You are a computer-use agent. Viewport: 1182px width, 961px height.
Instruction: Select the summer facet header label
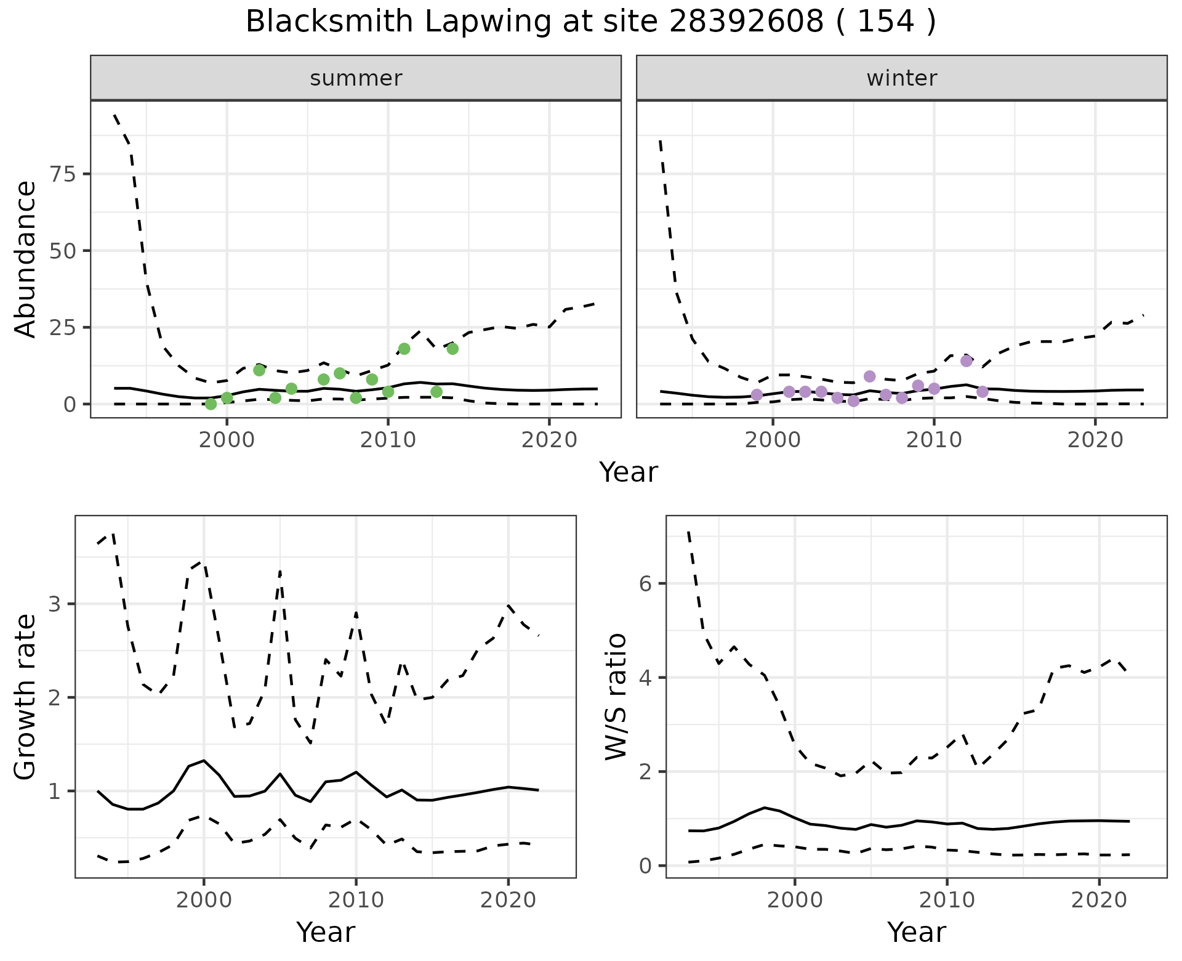coord(356,78)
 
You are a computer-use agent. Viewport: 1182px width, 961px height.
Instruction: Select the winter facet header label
coord(901,78)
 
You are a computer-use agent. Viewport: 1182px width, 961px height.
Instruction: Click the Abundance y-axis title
coord(26,259)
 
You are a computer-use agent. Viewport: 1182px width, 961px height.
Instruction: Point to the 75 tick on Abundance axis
coord(62,174)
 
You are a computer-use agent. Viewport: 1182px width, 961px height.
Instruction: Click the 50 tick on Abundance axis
coord(62,251)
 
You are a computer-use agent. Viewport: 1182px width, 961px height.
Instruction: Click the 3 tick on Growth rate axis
coord(55,604)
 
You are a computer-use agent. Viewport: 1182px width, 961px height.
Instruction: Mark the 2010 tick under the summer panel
coord(388,440)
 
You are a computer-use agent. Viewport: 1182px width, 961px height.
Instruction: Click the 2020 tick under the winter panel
coord(1095,440)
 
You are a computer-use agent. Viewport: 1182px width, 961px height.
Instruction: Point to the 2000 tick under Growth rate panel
coord(204,900)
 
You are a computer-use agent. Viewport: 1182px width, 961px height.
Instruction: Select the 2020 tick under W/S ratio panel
coord(1099,900)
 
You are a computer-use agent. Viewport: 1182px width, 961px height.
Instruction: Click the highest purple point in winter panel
coord(967,361)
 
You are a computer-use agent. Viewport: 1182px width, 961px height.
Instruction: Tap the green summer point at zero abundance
coord(211,404)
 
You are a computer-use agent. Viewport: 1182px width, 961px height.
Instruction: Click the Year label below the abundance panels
coord(629,472)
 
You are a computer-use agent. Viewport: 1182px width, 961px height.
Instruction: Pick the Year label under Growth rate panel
coord(326,933)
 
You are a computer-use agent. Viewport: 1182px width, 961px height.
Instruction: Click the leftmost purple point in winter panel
coord(757,395)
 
